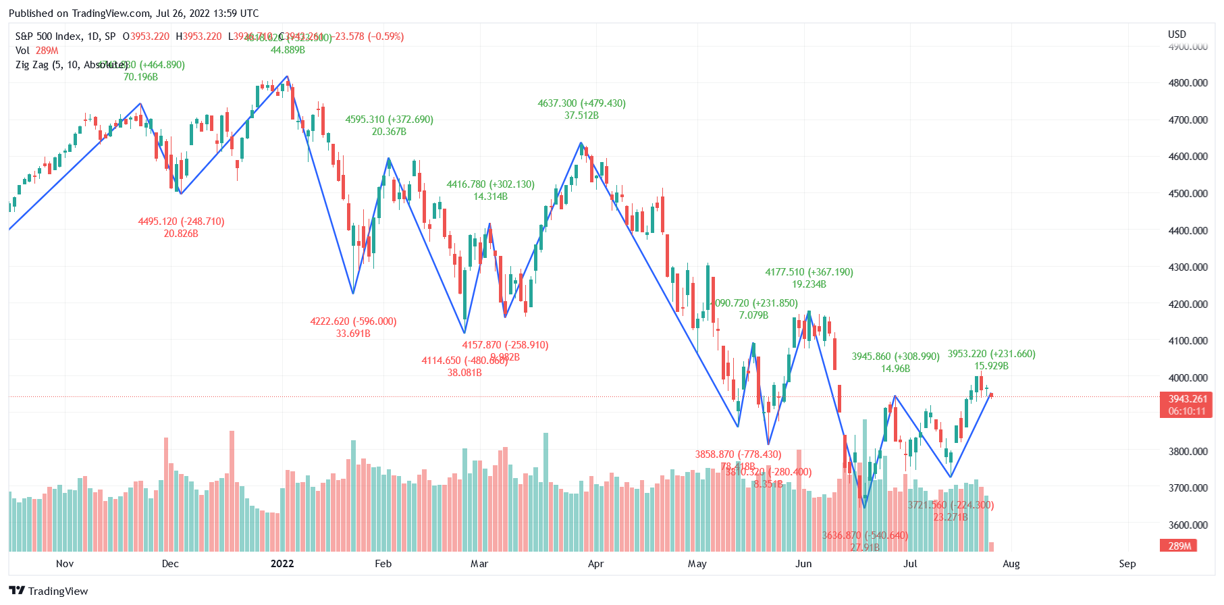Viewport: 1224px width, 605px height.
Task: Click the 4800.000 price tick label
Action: tap(1188, 83)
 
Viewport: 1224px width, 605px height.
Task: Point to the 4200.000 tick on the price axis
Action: tap(1188, 304)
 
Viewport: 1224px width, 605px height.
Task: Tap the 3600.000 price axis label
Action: tap(1188, 525)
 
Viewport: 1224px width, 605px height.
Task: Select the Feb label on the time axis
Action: tap(383, 564)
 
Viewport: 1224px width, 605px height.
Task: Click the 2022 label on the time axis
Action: tap(282, 564)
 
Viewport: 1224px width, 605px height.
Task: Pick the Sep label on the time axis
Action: tap(1127, 564)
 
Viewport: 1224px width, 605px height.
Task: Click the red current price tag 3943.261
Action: tap(1187, 399)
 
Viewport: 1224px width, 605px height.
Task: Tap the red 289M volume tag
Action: tap(1179, 546)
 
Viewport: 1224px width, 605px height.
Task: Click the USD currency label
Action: tap(1177, 34)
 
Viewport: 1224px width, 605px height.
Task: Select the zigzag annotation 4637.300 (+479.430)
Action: tap(581, 103)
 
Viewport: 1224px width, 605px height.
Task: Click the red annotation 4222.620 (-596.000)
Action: tap(353, 321)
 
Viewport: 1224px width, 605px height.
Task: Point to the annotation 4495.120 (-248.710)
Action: tap(181, 221)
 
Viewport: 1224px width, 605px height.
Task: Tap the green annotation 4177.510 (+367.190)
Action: tap(809, 272)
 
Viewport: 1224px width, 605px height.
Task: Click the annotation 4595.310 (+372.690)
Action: tap(389, 120)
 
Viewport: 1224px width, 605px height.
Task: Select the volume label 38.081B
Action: tap(464, 373)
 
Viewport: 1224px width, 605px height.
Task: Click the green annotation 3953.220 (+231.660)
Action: tap(991, 354)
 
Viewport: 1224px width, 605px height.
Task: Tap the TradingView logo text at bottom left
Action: tap(57, 591)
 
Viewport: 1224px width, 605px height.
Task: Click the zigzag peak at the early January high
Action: tap(288, 76)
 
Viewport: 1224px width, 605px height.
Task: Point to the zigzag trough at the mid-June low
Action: tap(864, 508)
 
